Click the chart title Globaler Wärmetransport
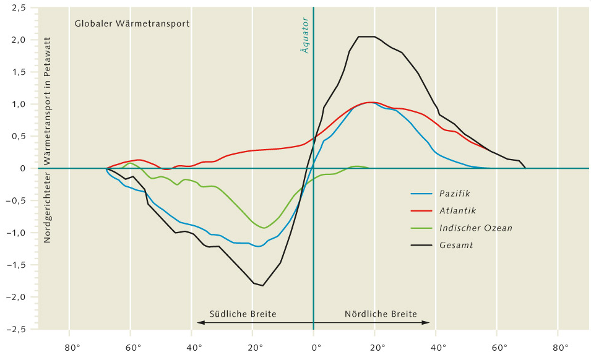[x=132, y=24]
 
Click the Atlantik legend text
[x=458, y=211]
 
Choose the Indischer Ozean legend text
[x=475, y=228]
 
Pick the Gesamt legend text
[x=456, y=245]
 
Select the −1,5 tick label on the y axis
[x=22, y=265]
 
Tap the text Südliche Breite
[x=243, y=314]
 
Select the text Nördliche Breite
[x=381, y=314]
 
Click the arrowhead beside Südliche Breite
[x=200, y=322]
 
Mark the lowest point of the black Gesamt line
[x=263, y=286]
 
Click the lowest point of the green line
[x=264, y=228]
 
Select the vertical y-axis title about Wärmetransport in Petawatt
[x=47, y=139]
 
